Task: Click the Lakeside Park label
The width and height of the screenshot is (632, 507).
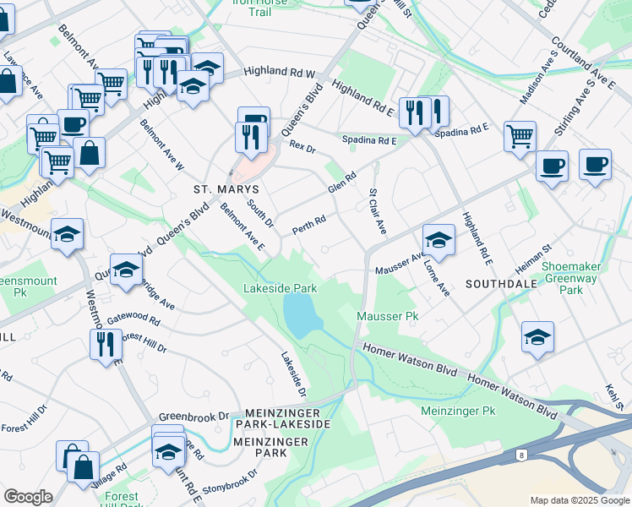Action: point(280,288)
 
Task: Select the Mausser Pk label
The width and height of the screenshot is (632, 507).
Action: point(388,316)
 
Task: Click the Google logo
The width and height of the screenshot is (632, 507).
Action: point(28,496)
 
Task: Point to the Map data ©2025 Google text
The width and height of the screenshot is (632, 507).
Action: point(579,500)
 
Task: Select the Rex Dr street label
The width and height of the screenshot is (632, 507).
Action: point(302,147)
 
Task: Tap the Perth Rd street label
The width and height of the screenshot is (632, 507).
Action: point(308,226)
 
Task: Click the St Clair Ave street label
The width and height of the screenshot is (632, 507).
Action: point(377,212)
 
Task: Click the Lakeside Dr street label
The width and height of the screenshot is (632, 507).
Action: point(293,374)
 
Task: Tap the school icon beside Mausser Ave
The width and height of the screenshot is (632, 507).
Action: point(439,239)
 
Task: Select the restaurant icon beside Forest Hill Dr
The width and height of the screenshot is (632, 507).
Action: point(105,344)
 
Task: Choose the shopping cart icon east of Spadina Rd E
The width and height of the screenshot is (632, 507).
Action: point(520,135)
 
